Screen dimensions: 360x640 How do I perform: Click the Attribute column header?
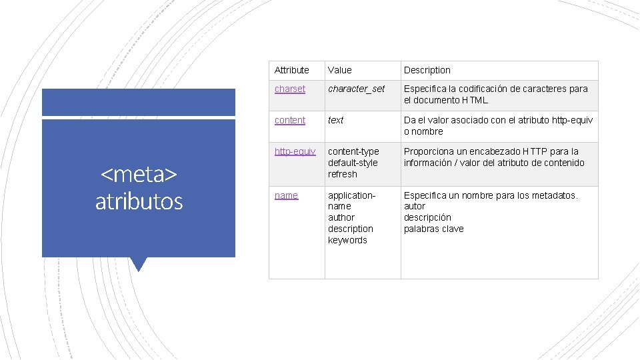tap(291, 70)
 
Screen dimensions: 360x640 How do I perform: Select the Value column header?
tap(339, 70)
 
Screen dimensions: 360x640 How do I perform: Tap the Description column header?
tap(427, 70)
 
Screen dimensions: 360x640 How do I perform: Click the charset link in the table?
tap(289, 89)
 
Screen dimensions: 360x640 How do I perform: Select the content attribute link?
tap(289, 120)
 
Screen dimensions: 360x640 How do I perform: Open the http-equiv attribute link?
tap(295, 151)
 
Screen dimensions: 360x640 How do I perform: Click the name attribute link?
tap(286, 195)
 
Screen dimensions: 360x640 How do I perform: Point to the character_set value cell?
tap(356, 89)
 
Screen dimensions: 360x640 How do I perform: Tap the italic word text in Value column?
tap(335, 120)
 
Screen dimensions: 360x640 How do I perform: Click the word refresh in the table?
tap(342, 174)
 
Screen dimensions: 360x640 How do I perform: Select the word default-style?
tap(352, 163)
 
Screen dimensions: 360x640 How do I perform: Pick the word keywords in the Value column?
tap(347, 240)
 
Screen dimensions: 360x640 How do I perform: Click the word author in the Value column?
tap(341, 217)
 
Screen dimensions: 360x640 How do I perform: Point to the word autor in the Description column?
tap(414, 207)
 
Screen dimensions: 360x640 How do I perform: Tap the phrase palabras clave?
tap(433, 229)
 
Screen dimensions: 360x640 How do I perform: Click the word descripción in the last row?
tap(427, 217)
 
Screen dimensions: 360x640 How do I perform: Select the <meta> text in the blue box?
tap(139, 175)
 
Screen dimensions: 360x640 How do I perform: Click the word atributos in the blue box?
tap(139, 201)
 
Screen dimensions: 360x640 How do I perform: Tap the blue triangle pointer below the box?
tap(139, 264)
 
